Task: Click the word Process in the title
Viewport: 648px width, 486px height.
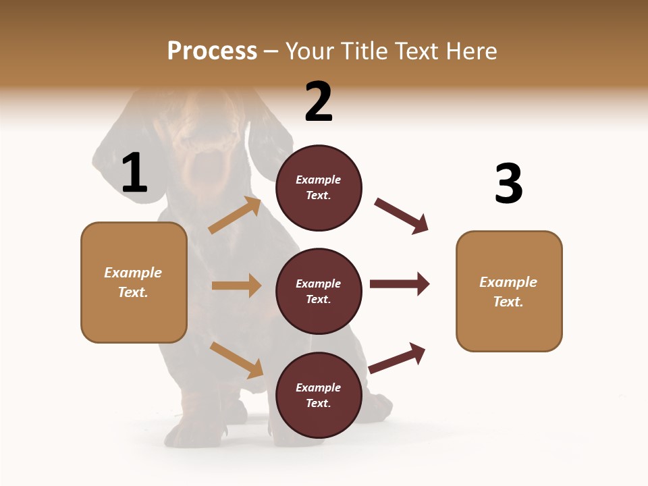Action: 212,51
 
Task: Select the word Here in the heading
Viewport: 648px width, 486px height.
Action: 472,51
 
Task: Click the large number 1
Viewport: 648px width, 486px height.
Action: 134,173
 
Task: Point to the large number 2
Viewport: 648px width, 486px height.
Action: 319,102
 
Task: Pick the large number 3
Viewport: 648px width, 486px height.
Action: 508,184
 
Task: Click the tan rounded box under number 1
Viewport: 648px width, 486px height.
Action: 134,282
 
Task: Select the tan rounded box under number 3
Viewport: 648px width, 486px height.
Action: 509,292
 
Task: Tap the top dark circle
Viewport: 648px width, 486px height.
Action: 319,188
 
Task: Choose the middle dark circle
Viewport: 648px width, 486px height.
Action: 319,292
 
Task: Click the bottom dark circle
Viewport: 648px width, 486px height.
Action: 319,396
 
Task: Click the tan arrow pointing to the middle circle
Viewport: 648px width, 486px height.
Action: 236,286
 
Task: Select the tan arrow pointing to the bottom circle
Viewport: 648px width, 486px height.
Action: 236,360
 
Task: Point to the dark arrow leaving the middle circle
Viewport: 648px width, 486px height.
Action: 400,284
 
